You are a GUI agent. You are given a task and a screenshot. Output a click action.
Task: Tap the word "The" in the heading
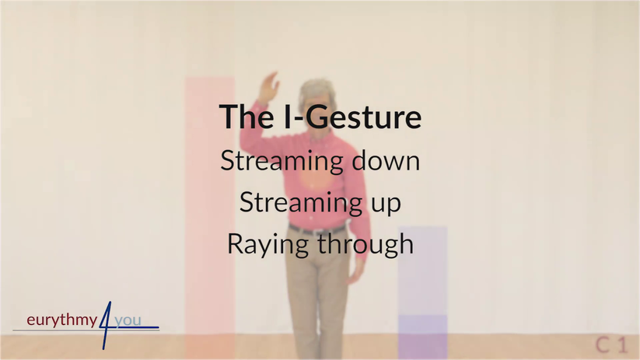(247, 117)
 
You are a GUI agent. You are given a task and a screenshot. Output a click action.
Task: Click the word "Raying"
(268, 244)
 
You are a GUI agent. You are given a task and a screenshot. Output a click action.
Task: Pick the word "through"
(365, 243)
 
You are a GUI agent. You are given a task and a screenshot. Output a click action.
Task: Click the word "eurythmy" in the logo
(62, 320)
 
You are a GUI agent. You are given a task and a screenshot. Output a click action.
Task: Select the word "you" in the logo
(128, 321)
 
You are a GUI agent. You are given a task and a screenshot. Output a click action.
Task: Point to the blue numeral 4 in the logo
(106, 325)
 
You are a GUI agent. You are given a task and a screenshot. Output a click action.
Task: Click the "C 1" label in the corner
(610, 345)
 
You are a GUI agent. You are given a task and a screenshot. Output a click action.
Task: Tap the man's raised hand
(268, 87)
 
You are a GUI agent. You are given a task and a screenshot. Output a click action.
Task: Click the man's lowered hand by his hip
(355, 270)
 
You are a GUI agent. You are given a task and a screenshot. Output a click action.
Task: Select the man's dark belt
(317, 229)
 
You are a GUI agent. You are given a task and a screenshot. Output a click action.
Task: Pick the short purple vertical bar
(422, 292)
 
